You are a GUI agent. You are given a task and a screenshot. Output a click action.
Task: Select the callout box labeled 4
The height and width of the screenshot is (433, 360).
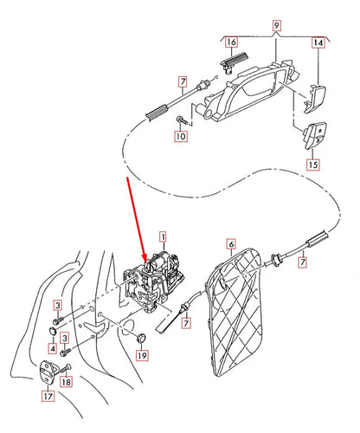pos(54,349)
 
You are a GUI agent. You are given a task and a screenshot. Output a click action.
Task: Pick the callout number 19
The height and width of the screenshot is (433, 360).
pos(143,355)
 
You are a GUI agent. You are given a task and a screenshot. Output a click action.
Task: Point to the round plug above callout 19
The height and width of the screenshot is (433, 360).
pos(142,336)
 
